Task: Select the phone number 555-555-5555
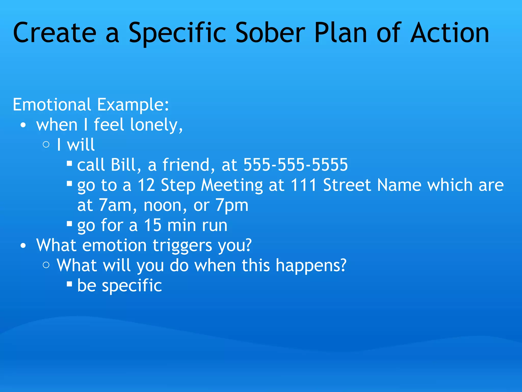pos(296,165)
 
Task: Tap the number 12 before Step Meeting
pos(146,185)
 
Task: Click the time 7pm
pos(232,206)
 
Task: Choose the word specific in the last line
pos(132,286)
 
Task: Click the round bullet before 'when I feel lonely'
pos(23,125)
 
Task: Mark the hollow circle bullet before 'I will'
pos(46,145)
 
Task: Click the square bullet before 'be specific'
pos(69,284)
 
